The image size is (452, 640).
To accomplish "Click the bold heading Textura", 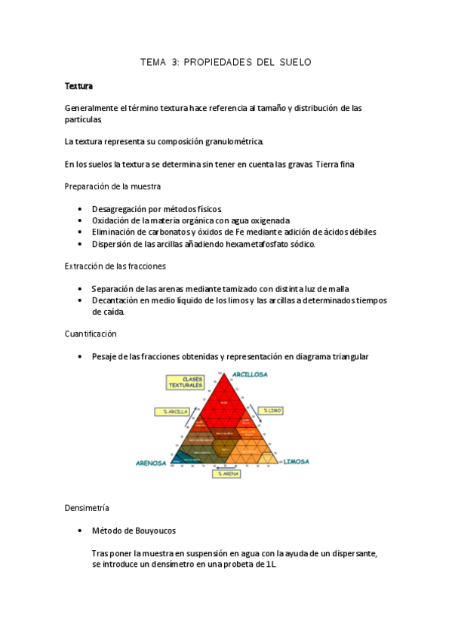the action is click(78, 86).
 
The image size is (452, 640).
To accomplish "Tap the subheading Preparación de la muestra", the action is click(112, 186).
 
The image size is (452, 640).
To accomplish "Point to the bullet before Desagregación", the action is click(81, 208).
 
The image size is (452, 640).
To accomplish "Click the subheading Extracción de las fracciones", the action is click(115, 266).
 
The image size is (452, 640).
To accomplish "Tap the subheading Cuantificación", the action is click(91, 334).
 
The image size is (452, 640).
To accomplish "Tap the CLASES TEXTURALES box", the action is click(185, 383).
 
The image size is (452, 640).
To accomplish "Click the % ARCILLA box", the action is click(171, 411).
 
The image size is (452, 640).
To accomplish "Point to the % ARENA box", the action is click(225, 474).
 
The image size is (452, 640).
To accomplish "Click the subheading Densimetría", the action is click(88, 509).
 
